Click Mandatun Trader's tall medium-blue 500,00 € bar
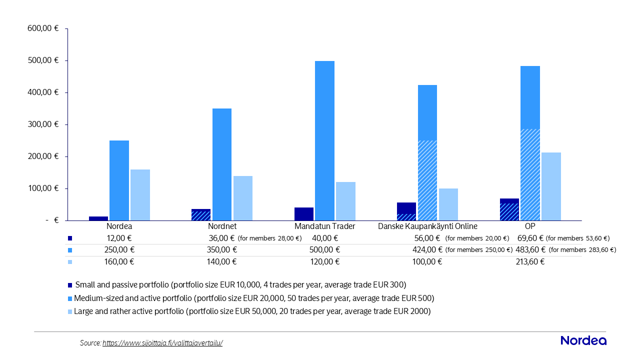pyautogui.click(x=324, y=140)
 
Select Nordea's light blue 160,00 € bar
pyautogui.click(x=140, y=195)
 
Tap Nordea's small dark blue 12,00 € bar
pyautogui.click(x=98, y=218)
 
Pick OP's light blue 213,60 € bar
pyautogui.click(x=551, y=186)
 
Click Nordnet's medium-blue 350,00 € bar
pyautogui.click(x=222, y=164)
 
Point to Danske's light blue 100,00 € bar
pyautogui.click(x=448, y=204)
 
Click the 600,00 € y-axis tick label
pyautogui.click(x=43, y=28)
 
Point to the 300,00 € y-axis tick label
pyautogui.click(x=43, y=124)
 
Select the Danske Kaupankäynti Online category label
pyautogui.click(x=427, y=226)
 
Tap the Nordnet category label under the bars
pyautogui.click(x=222, y=226)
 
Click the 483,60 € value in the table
pyautogui.click(x=530, y=249)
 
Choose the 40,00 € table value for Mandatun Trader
pyautogui.click(x=325, y=238)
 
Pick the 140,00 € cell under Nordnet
pyautogui.click(x=221, y=261)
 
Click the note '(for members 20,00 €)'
pyautogui.click(x=477, y=238)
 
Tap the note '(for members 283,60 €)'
pyautogui.click(x=582, y=250)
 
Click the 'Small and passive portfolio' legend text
pyautogui.click(x=122, y=285)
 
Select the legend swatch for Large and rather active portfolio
pyautogui.click(x=70, y=311)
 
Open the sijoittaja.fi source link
pyautogui.click(x=162, y=343)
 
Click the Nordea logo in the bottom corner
pyautogui.click(x=583, y=340)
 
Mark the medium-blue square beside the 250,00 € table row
pyautogui.click(x=70, y=250)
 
